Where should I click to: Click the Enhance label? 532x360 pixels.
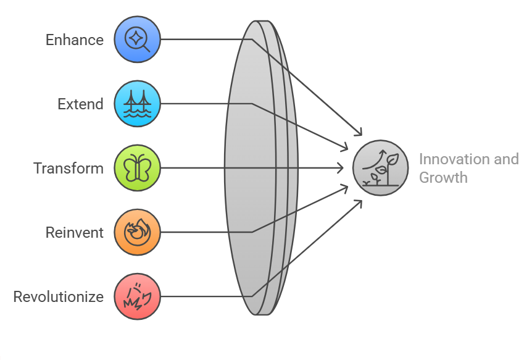coord(75,40)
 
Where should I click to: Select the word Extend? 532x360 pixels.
coord(80,104)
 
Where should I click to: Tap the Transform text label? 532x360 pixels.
coord(69,169)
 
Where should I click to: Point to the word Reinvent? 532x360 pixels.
coord(75,233)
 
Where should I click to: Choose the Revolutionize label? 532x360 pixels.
coord(59,297)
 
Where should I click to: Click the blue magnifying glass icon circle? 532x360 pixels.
coord(137,40)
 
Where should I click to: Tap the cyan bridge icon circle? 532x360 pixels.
coord(137,104)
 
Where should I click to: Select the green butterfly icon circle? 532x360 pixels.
coord(137,168)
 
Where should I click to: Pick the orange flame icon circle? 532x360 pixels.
coord(137,232)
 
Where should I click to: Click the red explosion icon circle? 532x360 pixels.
coord(137,296)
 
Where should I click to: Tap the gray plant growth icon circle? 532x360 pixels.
coord(381,168)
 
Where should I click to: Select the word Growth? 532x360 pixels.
coord(443,178)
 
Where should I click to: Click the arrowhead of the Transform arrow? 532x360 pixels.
coord(340,168)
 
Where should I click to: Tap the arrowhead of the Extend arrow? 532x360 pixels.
coord(346,148)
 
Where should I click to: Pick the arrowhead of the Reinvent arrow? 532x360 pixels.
coord(346,187)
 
